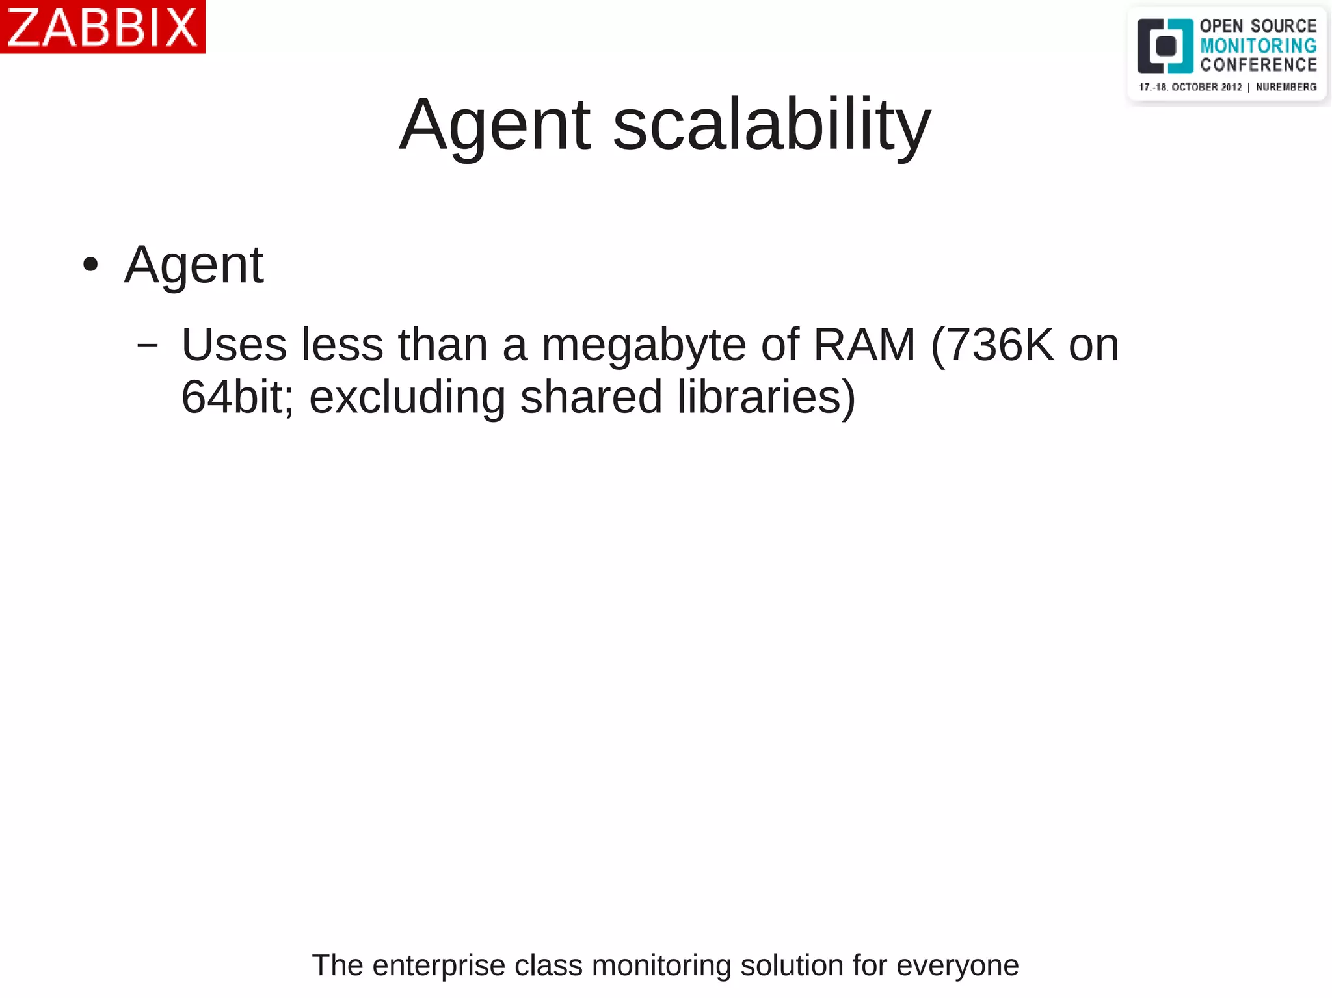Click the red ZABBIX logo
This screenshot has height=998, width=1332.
(102, 27)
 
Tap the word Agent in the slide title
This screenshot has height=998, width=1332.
(495, 125)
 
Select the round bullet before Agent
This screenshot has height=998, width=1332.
(90, 265)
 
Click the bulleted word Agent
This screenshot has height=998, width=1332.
(194, 265)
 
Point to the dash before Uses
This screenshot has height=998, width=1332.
(148, 345)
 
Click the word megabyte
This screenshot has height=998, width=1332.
(644, 345)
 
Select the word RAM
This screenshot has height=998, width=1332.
(864, 345)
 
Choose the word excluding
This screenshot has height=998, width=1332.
(407, 397)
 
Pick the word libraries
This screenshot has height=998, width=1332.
(766, 397)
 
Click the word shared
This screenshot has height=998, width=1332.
(591, 397)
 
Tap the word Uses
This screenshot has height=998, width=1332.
(234, 345)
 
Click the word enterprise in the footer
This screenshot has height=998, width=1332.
(439, 965)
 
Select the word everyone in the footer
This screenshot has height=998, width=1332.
(957, 965)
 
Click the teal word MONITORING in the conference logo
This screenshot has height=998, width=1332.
(1258, 46)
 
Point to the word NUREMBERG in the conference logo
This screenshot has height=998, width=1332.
(1286, 87)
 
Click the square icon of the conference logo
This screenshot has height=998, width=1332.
(1165, 46)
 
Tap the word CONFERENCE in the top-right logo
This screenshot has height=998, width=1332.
(1258, 64)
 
